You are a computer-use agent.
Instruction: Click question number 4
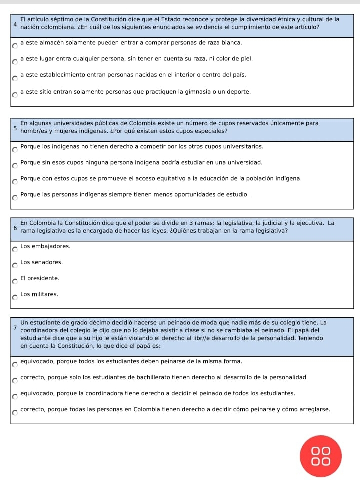[x=16, y=23]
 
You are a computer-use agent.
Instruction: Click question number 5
[x=16, y=127]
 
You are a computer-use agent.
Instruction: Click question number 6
[x=16, y=227]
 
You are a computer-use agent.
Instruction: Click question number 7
[x=16, y=327]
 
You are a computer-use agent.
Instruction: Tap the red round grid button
[x=320, y=456]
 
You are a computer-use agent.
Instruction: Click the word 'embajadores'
[x=50, y=246]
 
